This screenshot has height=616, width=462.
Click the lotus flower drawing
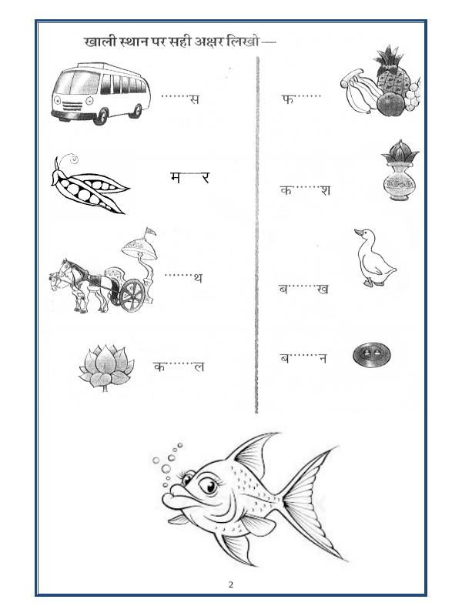[x=106, y=365]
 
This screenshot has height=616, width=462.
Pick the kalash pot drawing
[x=399, y=173]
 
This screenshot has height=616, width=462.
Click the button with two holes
[x=367, y=355]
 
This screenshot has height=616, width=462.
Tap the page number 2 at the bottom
[x=230, y=584]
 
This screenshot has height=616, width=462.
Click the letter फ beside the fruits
[x=288, y=99]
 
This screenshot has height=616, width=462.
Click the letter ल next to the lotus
[x=198, y=367]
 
